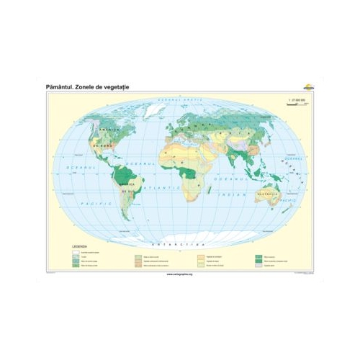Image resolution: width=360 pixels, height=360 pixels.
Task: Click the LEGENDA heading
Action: coord(78,246)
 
